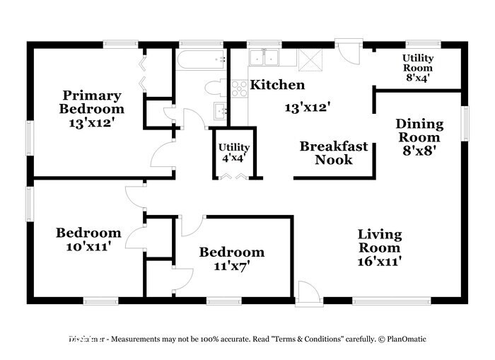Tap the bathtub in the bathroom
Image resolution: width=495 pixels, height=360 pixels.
click(201, 62)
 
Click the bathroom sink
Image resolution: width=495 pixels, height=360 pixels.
click(220, 111)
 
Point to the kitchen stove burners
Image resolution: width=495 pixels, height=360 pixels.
click(239, 88)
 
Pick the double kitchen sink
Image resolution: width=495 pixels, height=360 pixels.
click(265, 58)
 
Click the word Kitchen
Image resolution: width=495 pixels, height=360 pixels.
click(279, 85)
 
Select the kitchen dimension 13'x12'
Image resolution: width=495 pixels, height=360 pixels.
click(308, 107)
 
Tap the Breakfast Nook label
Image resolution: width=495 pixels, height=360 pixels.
click(334, 153)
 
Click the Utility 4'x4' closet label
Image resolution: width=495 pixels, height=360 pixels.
click(233, 152)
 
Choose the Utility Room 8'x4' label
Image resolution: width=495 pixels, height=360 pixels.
click(417, 68)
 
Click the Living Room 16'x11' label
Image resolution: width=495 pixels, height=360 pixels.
click(379, 247)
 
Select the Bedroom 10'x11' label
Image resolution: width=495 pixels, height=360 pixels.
click(89, 239)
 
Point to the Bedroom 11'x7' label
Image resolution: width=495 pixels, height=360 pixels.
click(231, 259)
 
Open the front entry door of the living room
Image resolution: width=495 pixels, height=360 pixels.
click(308, 292)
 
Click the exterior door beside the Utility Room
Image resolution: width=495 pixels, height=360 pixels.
click(347, 51)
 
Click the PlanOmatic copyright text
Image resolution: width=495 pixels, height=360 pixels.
click(402, 339)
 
